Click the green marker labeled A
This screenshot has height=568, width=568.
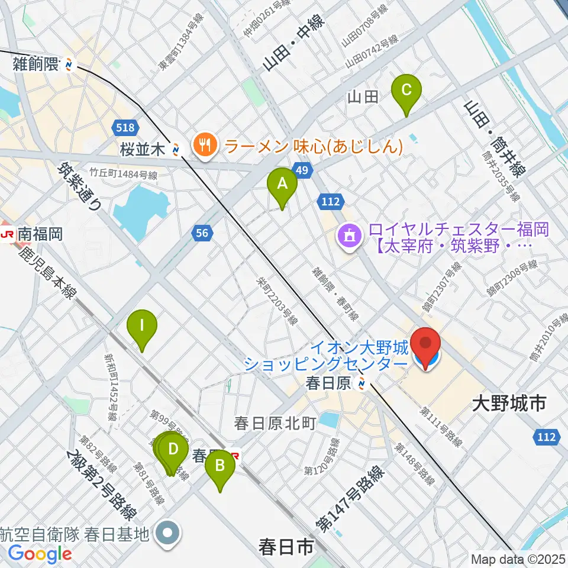pos(282,184)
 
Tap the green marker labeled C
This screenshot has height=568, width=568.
pos(406,91)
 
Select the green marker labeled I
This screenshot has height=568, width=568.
pos(143,325)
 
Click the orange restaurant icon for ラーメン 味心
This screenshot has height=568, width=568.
pos(205,144)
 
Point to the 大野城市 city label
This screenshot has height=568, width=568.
pos(508,405)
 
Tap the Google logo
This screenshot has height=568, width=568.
pos(40,554)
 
